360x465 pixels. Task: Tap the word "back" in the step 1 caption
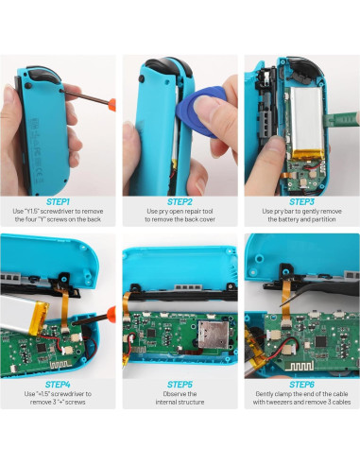click(95, 222)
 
